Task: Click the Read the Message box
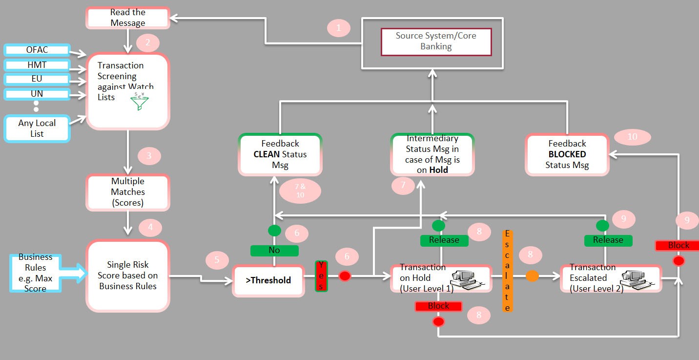[128, 18]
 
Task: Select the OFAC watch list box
[37, 50]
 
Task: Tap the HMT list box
[37, 65]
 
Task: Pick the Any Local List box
[37, 128]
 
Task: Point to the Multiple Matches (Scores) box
[128, 192]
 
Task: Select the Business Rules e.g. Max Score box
[36, 273]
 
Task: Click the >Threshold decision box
[268, 280]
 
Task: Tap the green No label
[274, 250]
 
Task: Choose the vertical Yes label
[321, 276]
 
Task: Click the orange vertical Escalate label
[507, 271]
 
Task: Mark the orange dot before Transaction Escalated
[532, 276]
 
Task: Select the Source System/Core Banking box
[436, 42]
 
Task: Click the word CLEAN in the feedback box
[267, 154]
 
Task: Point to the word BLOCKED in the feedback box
[567, 154]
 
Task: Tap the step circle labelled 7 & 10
[300, 191]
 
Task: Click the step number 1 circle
[338, 28]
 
